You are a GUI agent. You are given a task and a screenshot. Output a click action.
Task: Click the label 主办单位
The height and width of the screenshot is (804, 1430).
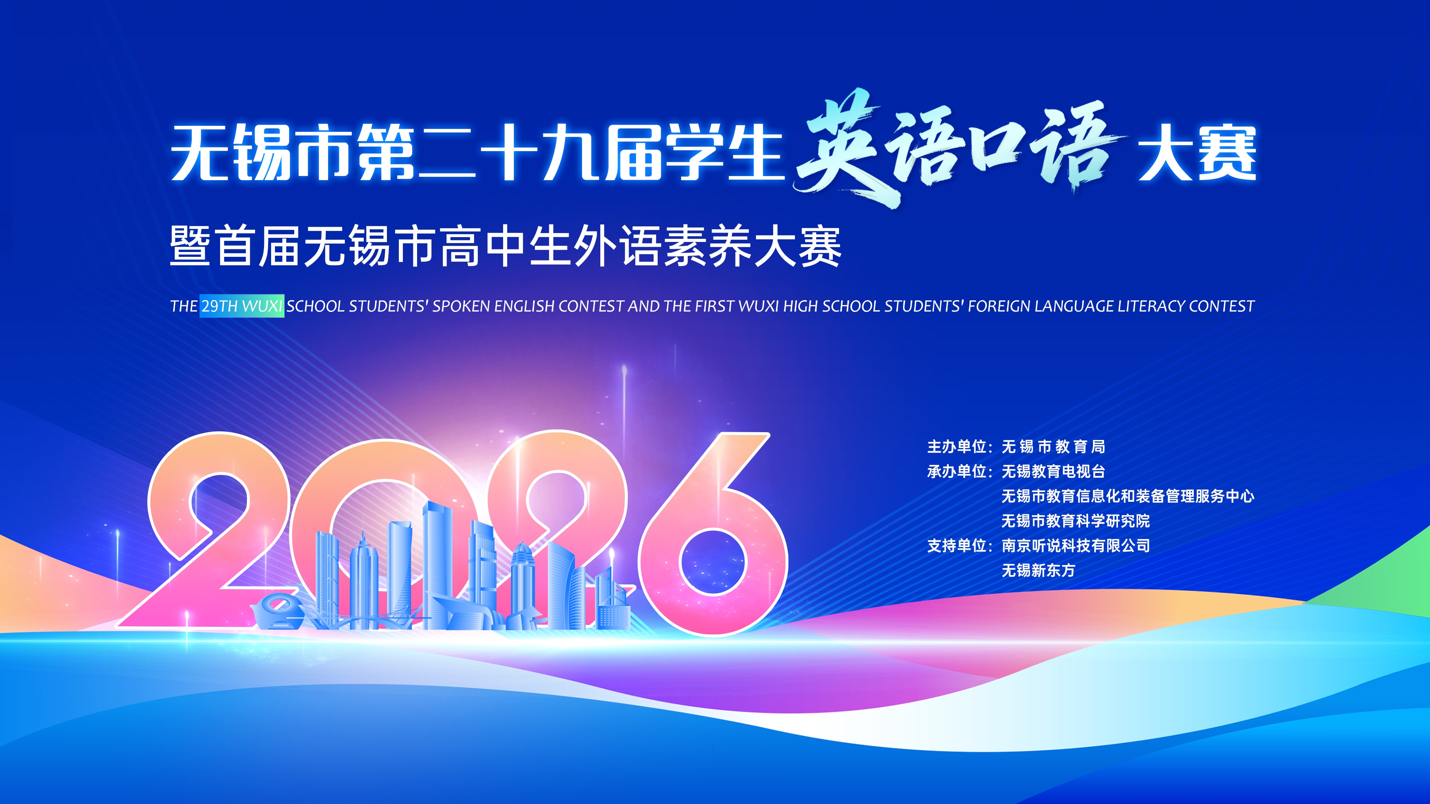click(956, 447)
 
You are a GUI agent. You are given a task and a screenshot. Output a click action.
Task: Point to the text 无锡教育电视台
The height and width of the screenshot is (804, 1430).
click(1053, 472)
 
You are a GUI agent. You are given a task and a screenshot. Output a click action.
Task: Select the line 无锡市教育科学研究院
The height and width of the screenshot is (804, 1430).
click(1075, 521)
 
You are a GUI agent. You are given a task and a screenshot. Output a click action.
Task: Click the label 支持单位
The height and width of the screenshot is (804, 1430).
click(956, 546)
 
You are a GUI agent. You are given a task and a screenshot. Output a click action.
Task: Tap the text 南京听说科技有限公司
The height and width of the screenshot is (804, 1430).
click(1075, 546)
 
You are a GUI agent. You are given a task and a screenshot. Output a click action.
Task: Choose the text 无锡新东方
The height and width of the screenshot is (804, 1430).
click(1038, 570)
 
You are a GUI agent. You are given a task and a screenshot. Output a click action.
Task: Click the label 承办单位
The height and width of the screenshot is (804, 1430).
click(956, 472)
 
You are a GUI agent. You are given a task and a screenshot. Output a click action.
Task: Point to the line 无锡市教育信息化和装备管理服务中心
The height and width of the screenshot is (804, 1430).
click(1128, 496)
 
